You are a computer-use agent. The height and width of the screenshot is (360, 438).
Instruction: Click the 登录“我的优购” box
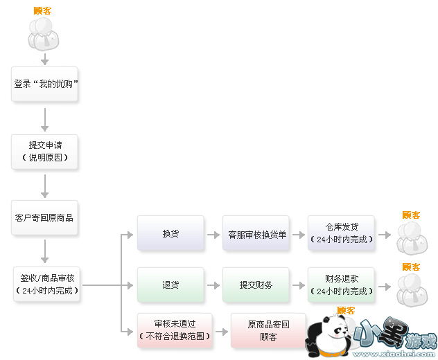[x=45, y=84]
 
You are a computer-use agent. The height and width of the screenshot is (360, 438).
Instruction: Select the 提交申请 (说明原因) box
[x=45, y=152]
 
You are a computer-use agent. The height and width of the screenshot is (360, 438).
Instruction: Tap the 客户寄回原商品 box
[x=45, y=217]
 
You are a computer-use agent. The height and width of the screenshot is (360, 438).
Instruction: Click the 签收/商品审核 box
[x=47, y=285]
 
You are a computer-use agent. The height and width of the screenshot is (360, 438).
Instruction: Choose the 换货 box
[x=170, y=233]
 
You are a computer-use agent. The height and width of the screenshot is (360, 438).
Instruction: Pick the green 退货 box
[x=170, y=285]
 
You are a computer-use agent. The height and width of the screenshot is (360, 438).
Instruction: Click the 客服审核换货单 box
[x=256, y=233]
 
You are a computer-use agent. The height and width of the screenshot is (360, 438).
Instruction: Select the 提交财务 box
[x=256, y=285]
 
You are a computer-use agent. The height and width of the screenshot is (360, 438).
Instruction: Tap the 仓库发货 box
[x=342, y=233]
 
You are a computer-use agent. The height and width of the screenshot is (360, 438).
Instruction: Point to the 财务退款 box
[x=342, y=285]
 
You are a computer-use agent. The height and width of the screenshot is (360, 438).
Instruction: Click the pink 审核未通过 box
[x=173, y=330]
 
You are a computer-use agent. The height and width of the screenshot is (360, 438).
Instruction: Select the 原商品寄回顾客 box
[x=268, y=330]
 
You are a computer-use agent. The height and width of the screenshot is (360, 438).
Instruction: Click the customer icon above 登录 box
[x=42, y=34]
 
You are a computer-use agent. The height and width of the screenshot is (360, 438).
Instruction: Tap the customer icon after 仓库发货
[x=412, y=237]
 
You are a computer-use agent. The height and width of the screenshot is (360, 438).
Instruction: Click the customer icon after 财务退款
[x=412, y=289]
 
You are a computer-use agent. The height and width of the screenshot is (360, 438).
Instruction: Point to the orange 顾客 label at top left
[x=42, y=10]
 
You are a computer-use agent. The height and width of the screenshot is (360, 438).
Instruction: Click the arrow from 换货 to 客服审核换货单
[x=213, y=234]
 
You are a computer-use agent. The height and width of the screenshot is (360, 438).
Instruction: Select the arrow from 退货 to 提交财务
[x=213, y=285]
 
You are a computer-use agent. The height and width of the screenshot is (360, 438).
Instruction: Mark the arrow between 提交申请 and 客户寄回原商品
[x=45, y=186]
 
